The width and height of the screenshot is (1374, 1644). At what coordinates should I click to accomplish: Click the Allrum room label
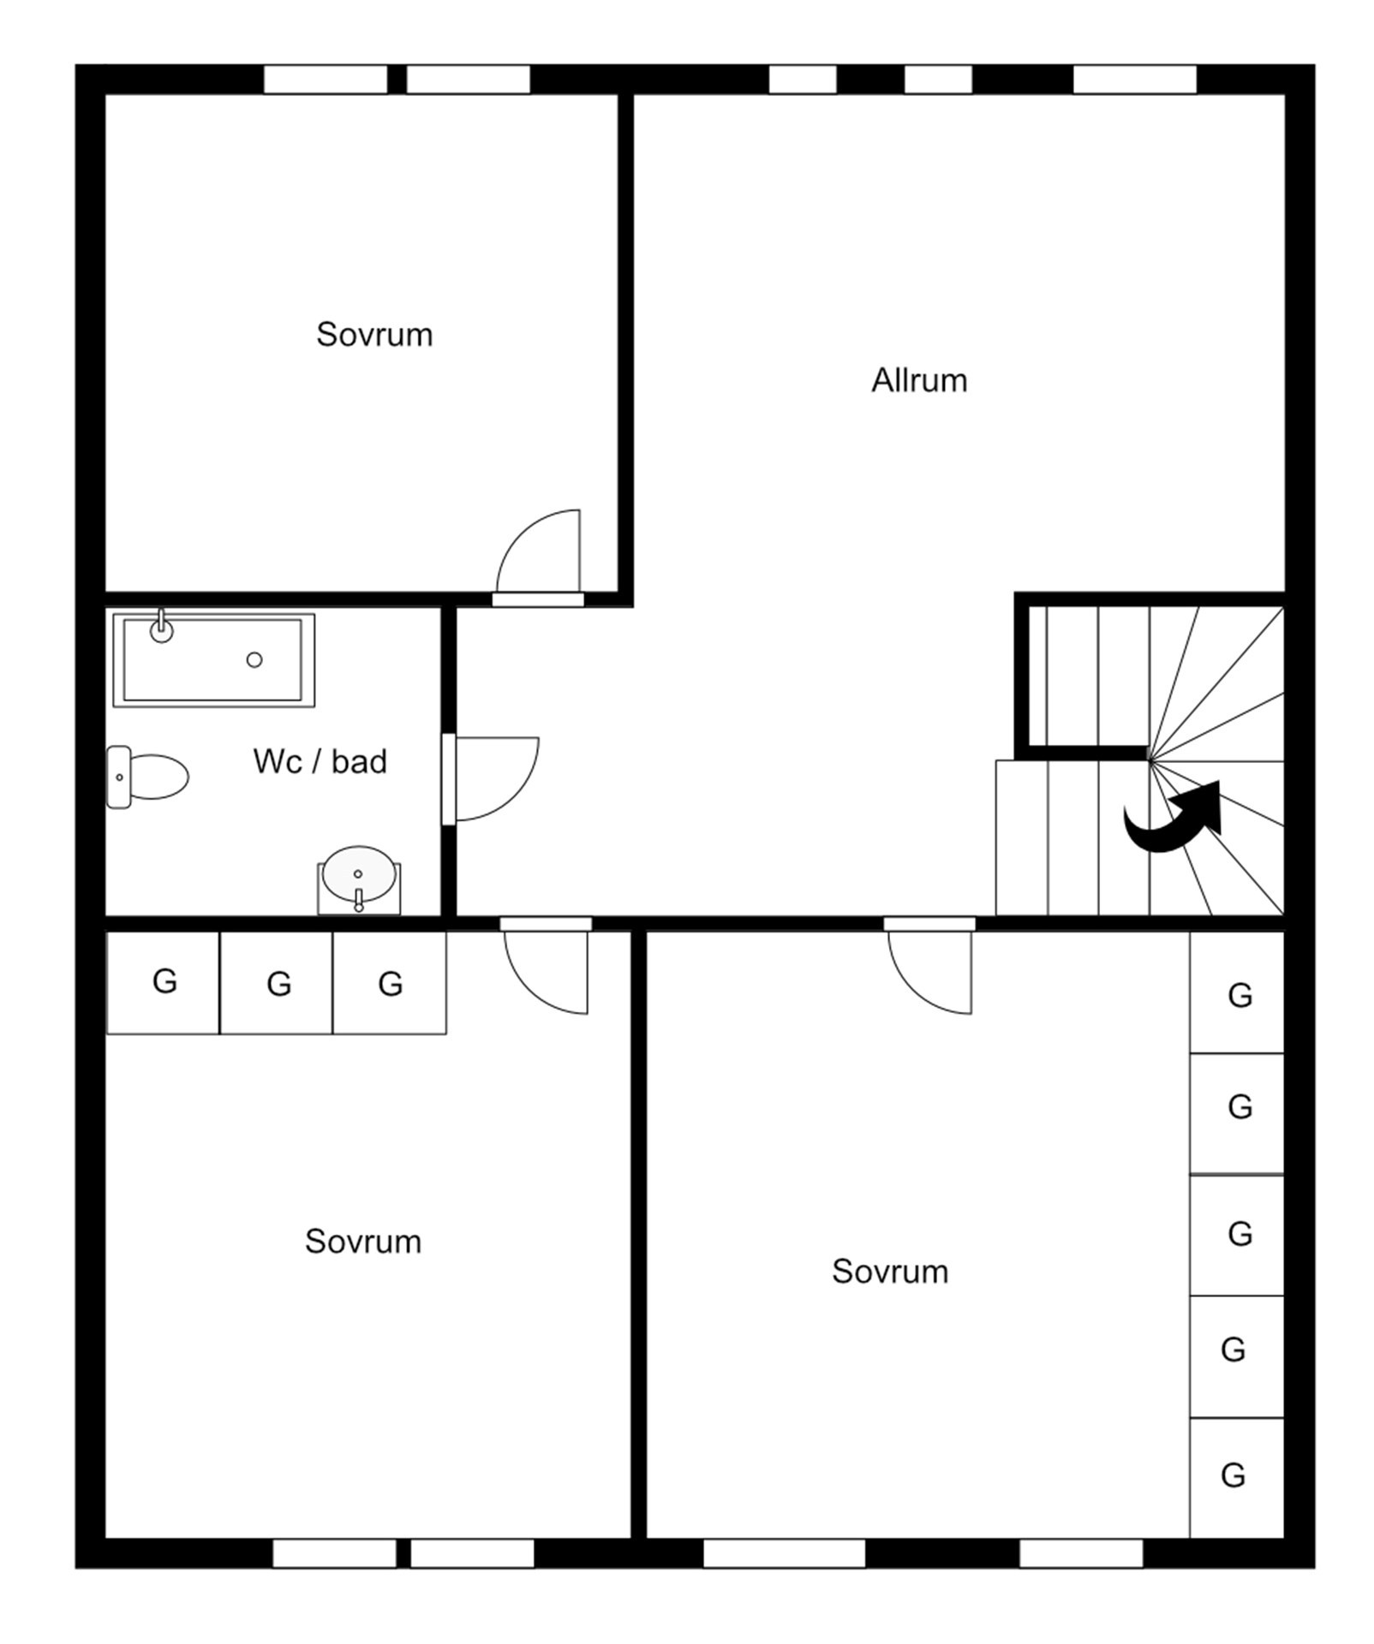918,380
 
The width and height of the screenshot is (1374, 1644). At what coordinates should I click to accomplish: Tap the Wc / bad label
320,761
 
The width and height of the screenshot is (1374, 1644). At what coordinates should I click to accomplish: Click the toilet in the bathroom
146,777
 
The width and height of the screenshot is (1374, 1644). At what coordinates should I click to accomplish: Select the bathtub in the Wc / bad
213,660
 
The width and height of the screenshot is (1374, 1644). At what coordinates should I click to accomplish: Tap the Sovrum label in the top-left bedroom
374,335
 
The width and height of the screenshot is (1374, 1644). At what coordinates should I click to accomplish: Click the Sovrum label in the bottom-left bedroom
363,1242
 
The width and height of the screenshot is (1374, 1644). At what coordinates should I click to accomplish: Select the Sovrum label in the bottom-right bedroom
890,1272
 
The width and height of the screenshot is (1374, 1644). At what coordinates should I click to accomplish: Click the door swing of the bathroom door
515,797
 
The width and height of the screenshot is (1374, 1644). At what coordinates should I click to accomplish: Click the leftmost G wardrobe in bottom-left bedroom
163,982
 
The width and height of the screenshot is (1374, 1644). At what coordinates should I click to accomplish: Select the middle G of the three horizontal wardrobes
277,982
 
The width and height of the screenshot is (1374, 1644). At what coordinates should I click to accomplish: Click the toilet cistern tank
118,777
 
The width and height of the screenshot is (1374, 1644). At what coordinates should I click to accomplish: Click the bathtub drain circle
254,659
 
